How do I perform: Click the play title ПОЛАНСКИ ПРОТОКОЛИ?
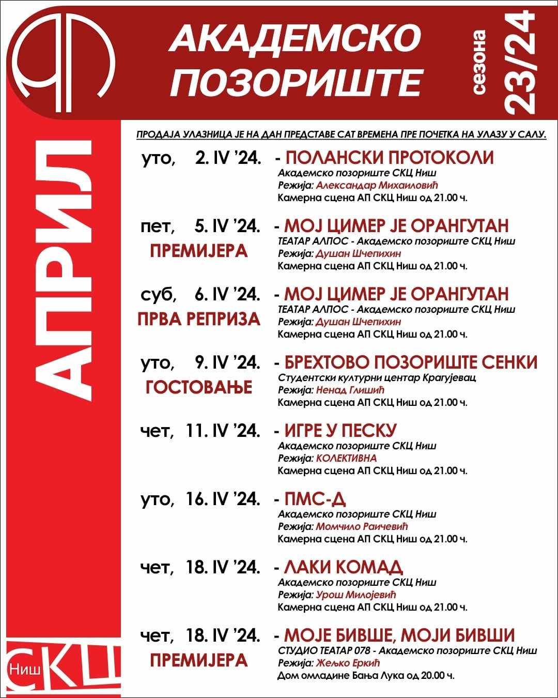pos(390,158)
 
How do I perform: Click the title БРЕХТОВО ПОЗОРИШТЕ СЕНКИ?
pos(411,362)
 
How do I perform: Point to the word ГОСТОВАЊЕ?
pos(199,387)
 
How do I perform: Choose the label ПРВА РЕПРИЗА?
pos(199,319)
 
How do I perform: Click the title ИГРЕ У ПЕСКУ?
pos(340,431)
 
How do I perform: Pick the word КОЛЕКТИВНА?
pos(347,458)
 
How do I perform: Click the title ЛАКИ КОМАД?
pos(344,567)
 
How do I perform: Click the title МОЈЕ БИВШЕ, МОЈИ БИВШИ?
pos(399,635)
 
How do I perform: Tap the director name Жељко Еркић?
pos(348,663)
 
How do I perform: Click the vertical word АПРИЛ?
pos(63,269)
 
